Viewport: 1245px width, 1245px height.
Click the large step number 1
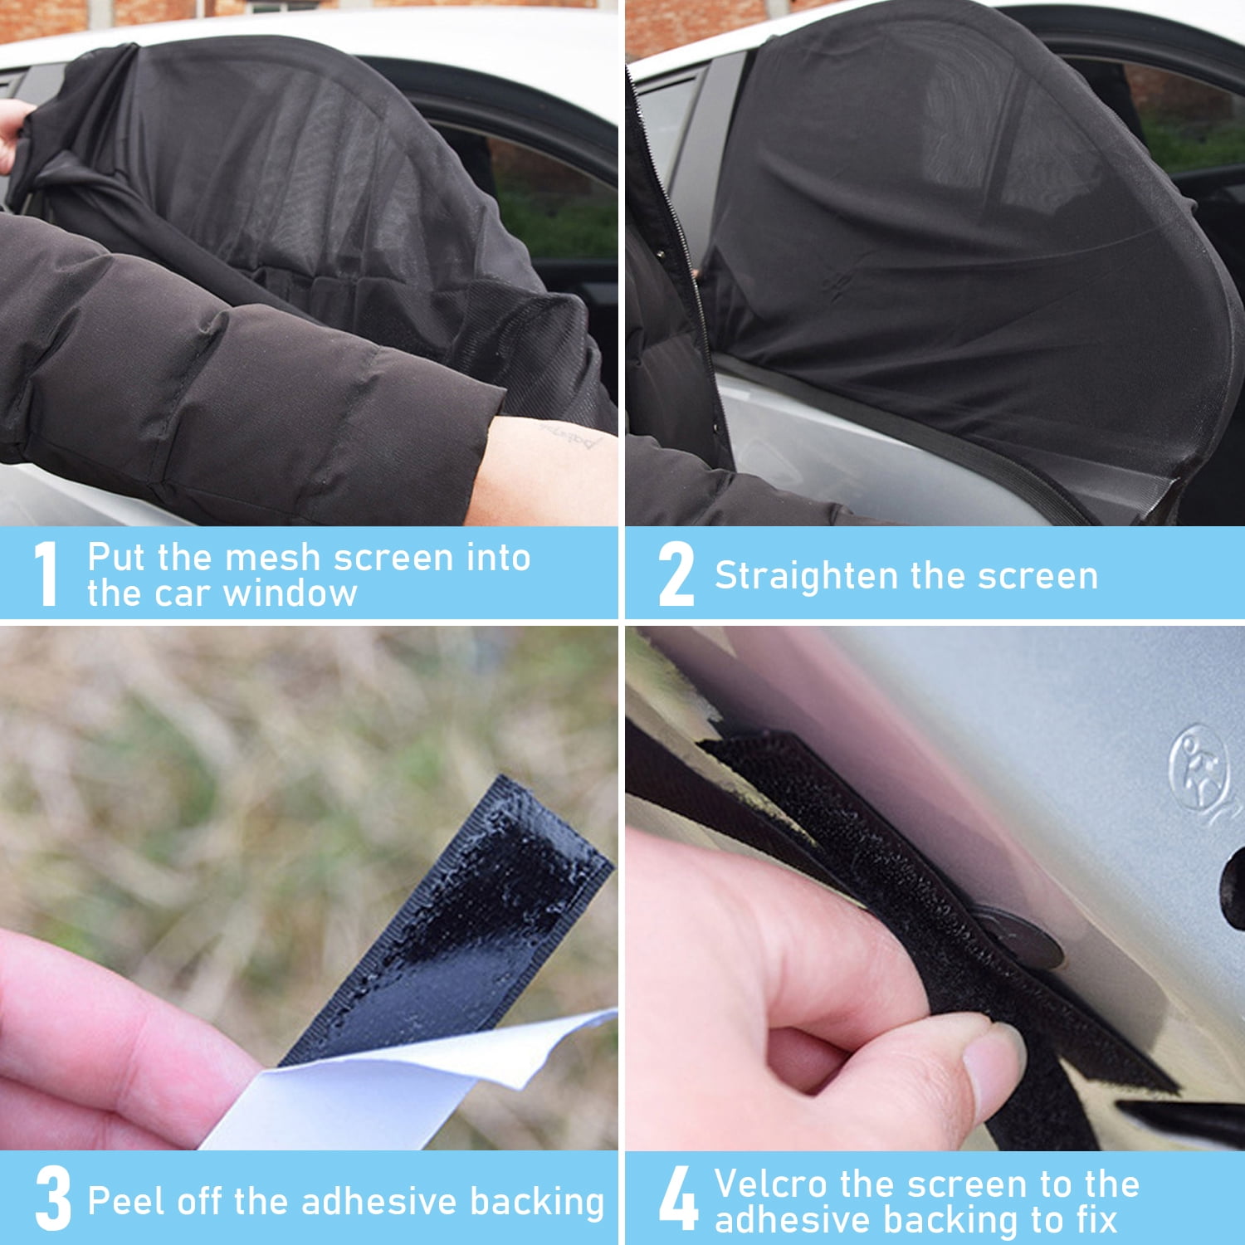point(47,574)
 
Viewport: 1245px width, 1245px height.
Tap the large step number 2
point(676,574)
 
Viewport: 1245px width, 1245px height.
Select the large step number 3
point(53,1199)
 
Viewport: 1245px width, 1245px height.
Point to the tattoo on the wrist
point(573,438)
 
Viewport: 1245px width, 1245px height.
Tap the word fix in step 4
point(1096,1220)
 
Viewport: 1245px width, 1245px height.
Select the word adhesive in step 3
point(381,1201)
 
